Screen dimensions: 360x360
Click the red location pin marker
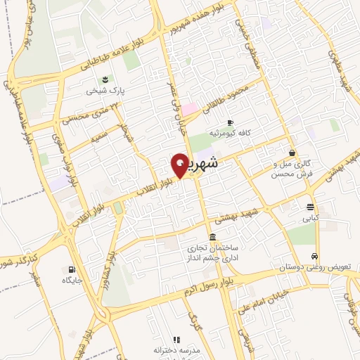(180, 165)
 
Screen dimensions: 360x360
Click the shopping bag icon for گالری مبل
(292, 153)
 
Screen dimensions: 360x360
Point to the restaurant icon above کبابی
(310, 206)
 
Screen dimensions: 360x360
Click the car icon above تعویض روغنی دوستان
(315, 256)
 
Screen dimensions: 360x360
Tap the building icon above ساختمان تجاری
(212, 237)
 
